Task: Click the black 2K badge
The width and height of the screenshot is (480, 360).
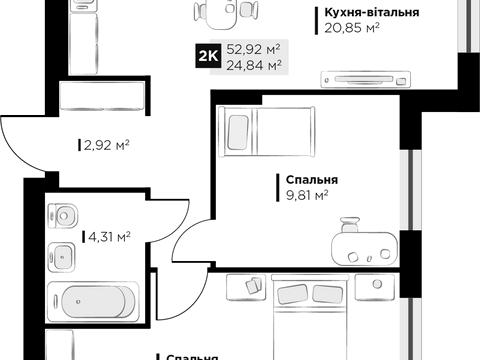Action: [210, 55]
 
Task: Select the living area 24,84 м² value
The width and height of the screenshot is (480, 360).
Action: [253, 64]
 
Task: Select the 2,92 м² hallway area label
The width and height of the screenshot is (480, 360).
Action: [105, 143]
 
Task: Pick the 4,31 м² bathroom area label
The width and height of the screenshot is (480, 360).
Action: [107, 236]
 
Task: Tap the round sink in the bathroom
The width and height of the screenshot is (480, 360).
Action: [66, 215]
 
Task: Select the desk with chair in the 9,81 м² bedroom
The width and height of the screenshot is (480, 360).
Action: [362, 240]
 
